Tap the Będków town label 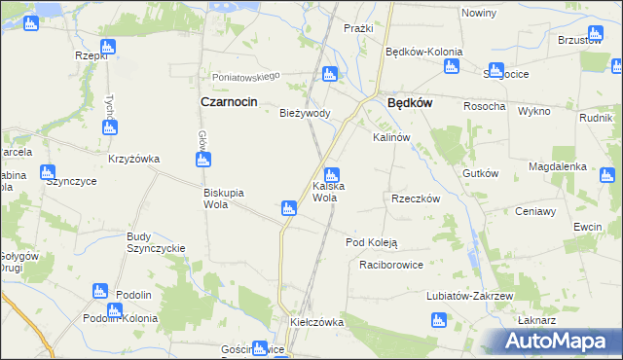point(410,100)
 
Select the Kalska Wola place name point(325,192)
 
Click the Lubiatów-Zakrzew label point(469,295)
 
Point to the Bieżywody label point(306,113)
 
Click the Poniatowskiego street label point(247,76)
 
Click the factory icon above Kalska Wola point(331,176)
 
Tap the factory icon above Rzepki point(107,46)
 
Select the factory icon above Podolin point(98,290)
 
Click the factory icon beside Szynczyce point(47,173)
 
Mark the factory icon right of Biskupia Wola point(288,207)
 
